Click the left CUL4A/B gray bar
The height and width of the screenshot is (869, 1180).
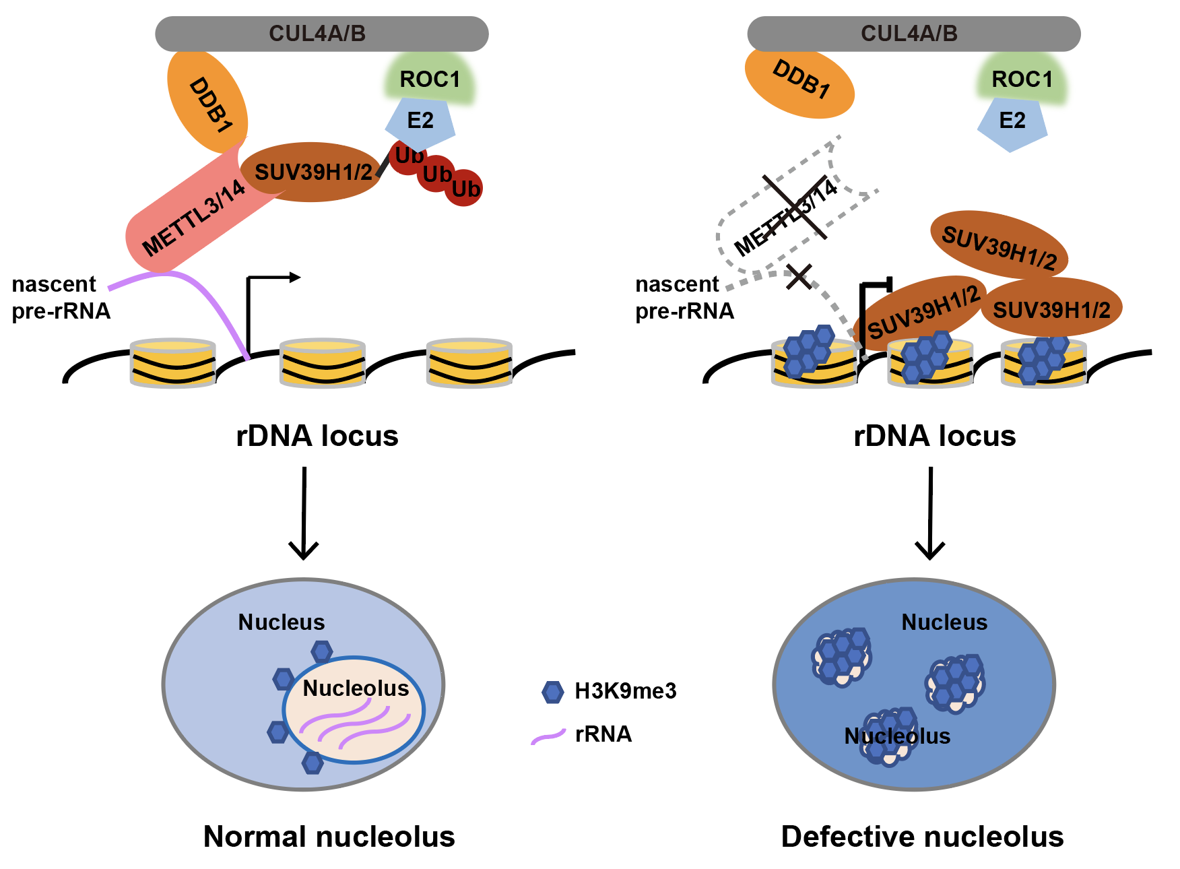tap(321, 34)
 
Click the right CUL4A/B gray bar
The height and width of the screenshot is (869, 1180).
tap(913, 34)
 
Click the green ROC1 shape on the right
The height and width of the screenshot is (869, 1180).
tap(1022, 79)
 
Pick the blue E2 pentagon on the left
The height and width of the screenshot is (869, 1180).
tap(420, 123)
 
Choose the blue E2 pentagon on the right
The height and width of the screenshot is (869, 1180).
tap(1012, 123)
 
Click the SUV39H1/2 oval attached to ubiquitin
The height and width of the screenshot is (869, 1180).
tap(311, 172)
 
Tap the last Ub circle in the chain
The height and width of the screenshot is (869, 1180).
tap(465, 189)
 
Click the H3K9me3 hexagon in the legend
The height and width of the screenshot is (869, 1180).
tap(552, 692)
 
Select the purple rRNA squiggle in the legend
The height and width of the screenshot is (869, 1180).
tap(548, 736)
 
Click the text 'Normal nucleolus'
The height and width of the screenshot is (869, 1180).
tap(329, 837)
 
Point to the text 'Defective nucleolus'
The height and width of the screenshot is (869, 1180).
tap(921, 837)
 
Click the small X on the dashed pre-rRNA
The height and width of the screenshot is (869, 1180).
tap(799, 276)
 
